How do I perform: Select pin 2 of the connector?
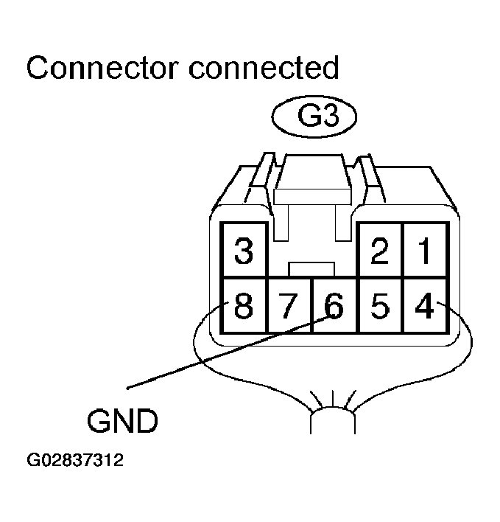pyautogui.click(x=380, y=251)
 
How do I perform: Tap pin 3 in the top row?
pyautogui.click(x=244, y=251)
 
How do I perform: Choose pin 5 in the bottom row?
pyautogui.click(x=380, y=305)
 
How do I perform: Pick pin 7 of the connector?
pyautogui.click(x=289, y=305)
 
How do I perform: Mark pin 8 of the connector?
pyautogui.click(x=244, y=305)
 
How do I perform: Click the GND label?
pyautogui.click(x=122, y=422)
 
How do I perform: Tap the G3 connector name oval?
pyautogui.click(x=313, y=118)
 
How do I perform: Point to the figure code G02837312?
pyautogui.click(x=75, y=462)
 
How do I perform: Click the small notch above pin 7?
pyautogui.click(x=312, y=268)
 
